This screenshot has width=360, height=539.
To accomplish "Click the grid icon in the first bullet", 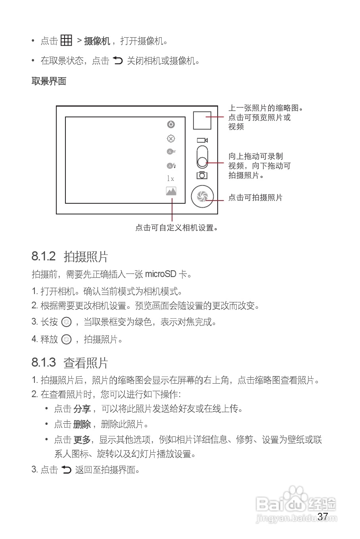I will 66,40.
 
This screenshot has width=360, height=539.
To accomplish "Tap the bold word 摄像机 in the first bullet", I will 97,41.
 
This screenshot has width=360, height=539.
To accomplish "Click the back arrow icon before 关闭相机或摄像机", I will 118,60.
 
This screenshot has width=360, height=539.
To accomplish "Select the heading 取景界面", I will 49,81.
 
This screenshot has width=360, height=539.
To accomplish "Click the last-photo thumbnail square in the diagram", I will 202,120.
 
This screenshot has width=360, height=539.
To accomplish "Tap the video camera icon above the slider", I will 202,140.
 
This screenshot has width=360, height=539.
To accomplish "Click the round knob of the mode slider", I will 202,162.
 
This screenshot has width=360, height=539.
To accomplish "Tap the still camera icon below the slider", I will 202,175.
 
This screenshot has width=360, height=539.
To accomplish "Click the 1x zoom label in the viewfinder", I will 170,179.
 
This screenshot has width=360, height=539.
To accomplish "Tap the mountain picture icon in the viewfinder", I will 171,191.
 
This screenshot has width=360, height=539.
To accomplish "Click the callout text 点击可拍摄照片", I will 255,197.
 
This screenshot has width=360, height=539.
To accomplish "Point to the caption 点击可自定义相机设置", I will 177,228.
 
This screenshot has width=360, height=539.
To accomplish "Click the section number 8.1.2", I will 44,256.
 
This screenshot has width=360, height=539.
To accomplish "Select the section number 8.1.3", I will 44,362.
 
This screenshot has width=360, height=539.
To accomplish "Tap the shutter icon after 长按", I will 67,322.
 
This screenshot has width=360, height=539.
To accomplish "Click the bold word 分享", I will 82,409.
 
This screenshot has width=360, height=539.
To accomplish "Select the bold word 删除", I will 82,424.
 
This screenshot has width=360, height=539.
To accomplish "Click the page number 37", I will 323,516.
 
